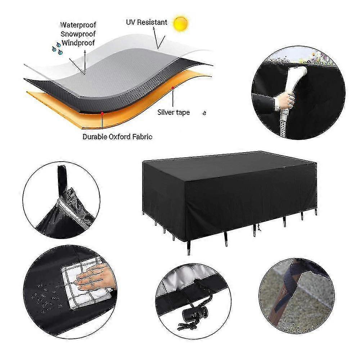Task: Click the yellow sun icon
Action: [181, 23]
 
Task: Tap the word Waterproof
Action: [78, 25]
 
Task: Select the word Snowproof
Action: [78, 34]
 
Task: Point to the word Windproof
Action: [78, 43]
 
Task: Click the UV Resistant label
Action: [147, 22]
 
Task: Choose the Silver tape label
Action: [174, 112]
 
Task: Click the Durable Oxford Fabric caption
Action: [117, 137]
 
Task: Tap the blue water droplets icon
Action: [57, 49]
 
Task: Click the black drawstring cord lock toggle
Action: [192, 313]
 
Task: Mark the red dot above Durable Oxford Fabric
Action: [102, 113]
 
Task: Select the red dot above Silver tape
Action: [172, 88]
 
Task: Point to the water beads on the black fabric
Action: [46, 297]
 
